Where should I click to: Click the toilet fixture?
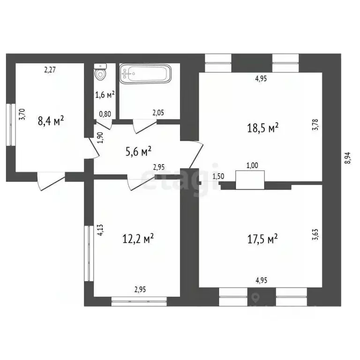pyautogui.click(x=100, y=73)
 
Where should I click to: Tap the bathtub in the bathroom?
pyautogui.click(x=145, y=74)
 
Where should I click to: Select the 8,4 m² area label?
pyautogui.click(x=51, y=121)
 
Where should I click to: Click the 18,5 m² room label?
pyautogui.click(x=263, y=127)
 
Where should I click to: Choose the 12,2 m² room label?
pyautogui.click(x=138, y=239)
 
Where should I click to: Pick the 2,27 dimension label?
pyautogui.click(x=50, y=70)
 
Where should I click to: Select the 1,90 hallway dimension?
pyautogui.click(x=99, y=137)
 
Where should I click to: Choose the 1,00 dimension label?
pyautogui.click(x=252, y=165)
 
